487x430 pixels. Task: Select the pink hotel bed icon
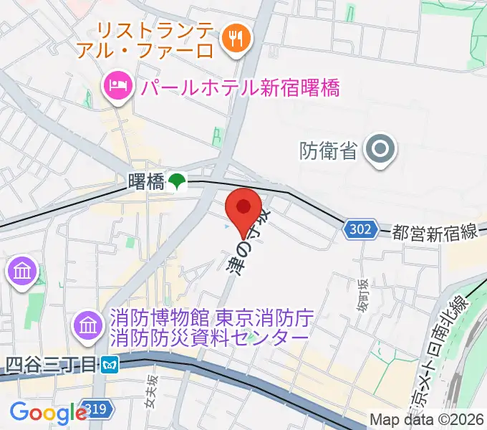pyautogui.click(x=116, y=87)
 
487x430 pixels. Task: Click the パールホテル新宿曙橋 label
pyautogui.click(x=240, y=88)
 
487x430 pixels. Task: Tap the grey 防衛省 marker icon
pyautogui.click(x=379, y=150)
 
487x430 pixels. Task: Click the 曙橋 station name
pyautogui.click(x=146, y=181)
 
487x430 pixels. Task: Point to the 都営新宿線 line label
pyautogui.click(x=435, y=232)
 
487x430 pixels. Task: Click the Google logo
pyautogui.click(x=48, y=412)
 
